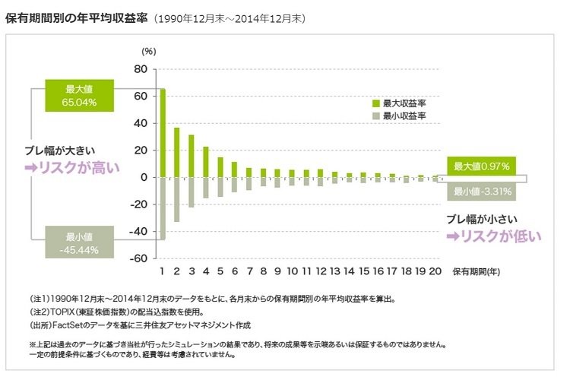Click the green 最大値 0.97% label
480,166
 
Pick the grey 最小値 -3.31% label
480,191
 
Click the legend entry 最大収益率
404,103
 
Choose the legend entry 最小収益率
404,116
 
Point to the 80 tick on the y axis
140,69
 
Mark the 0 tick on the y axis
143,177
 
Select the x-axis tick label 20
435,271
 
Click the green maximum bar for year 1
162,133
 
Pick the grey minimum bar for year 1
162,208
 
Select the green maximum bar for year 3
191,156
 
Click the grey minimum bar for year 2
176,199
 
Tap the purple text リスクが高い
73,167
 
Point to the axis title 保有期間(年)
476,271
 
